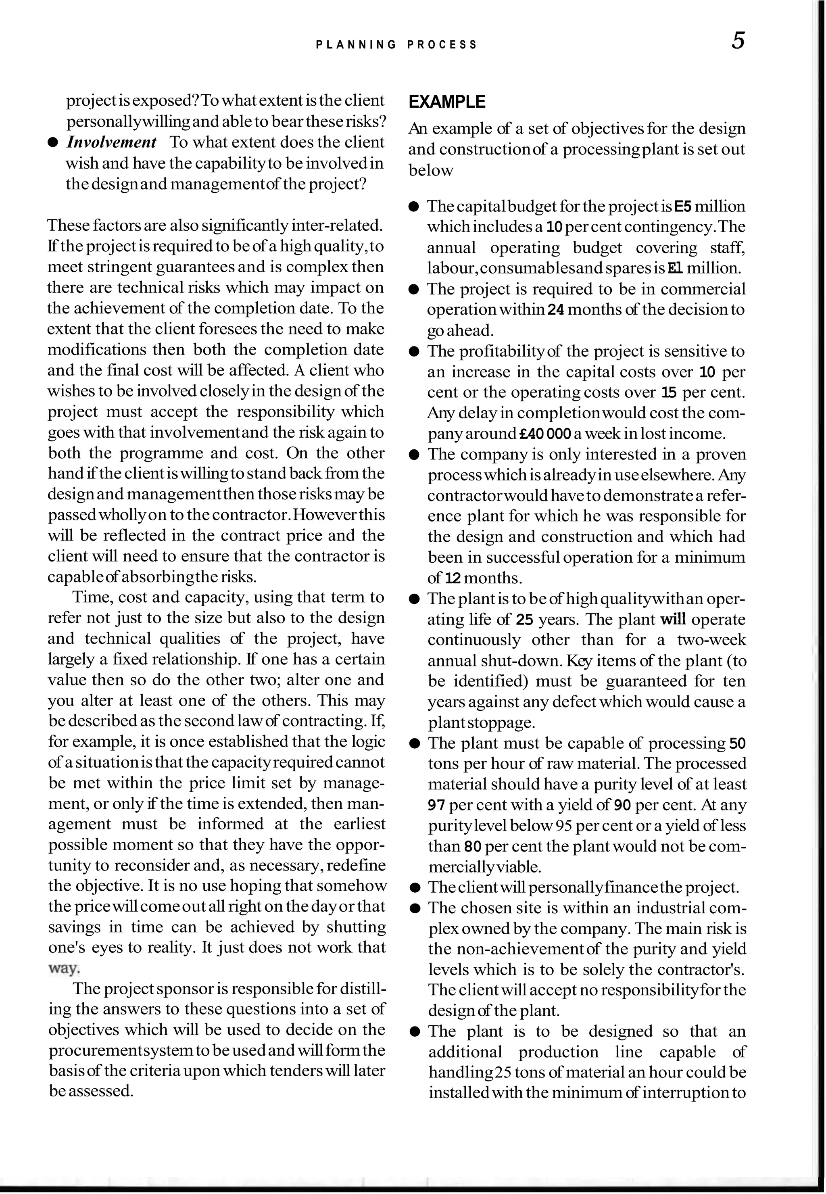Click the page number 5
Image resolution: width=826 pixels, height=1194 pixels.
click(738, 41)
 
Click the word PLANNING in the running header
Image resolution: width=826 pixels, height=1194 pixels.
click(356, 45)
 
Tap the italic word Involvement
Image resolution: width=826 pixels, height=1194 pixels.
click(112, 142)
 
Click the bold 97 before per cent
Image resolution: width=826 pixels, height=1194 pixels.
click(437, 805)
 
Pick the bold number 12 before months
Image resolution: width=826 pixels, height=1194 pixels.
click(454, 578)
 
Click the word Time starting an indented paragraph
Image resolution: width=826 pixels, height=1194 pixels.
click(91, 598)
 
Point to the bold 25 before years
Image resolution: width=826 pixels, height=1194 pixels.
click(524, 620)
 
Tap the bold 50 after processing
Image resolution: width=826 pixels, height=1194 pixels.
click(737, 744)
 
